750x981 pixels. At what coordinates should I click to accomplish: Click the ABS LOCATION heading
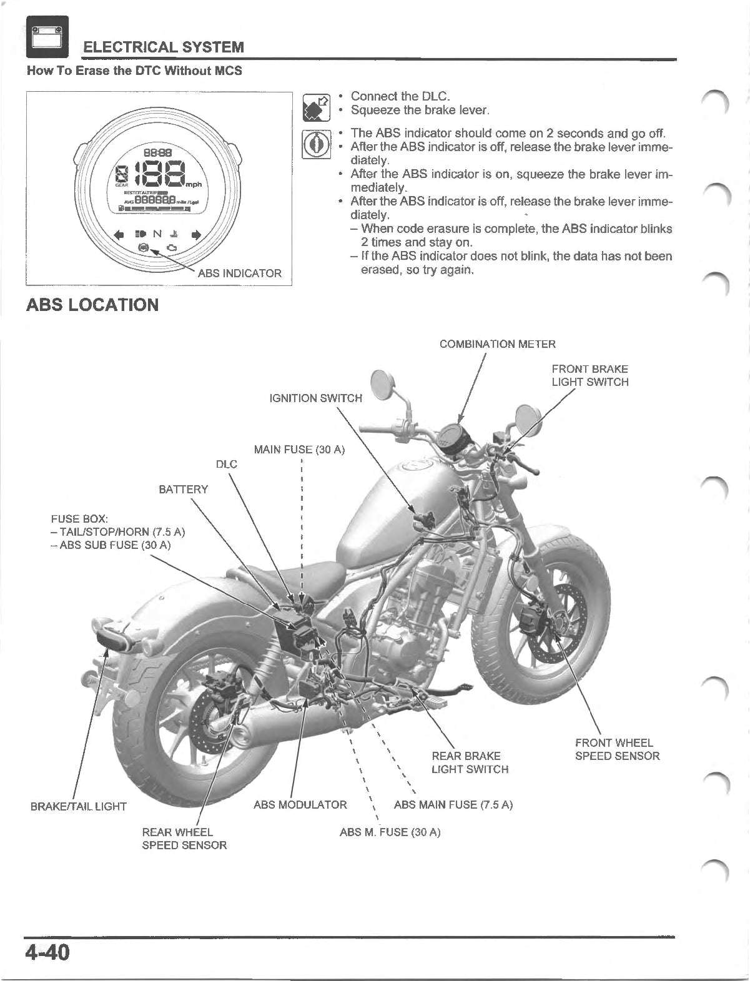(92, 305)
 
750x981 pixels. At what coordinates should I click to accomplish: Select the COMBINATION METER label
(497, 344)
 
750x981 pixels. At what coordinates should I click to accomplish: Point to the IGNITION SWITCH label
(315, 398)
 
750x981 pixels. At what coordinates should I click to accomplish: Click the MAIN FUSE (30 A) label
(299, 450)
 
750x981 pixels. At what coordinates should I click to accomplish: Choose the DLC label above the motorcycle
(226, 464)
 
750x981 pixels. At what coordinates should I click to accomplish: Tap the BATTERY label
(183, 489)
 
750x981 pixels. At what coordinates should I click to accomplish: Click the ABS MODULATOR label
(300, 804)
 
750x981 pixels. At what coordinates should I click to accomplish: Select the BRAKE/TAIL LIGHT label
(79, 806)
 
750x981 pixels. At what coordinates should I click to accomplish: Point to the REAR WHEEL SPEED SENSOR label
(184, 839)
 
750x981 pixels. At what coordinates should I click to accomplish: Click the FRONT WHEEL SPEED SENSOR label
(617, 749)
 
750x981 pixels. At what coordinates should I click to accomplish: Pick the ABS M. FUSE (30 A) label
(390, 832)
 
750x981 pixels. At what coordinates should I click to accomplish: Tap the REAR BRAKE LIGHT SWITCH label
(470, 762)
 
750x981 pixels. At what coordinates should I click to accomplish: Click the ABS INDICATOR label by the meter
(240, 273)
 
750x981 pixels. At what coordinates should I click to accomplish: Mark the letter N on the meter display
(157, 234)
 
